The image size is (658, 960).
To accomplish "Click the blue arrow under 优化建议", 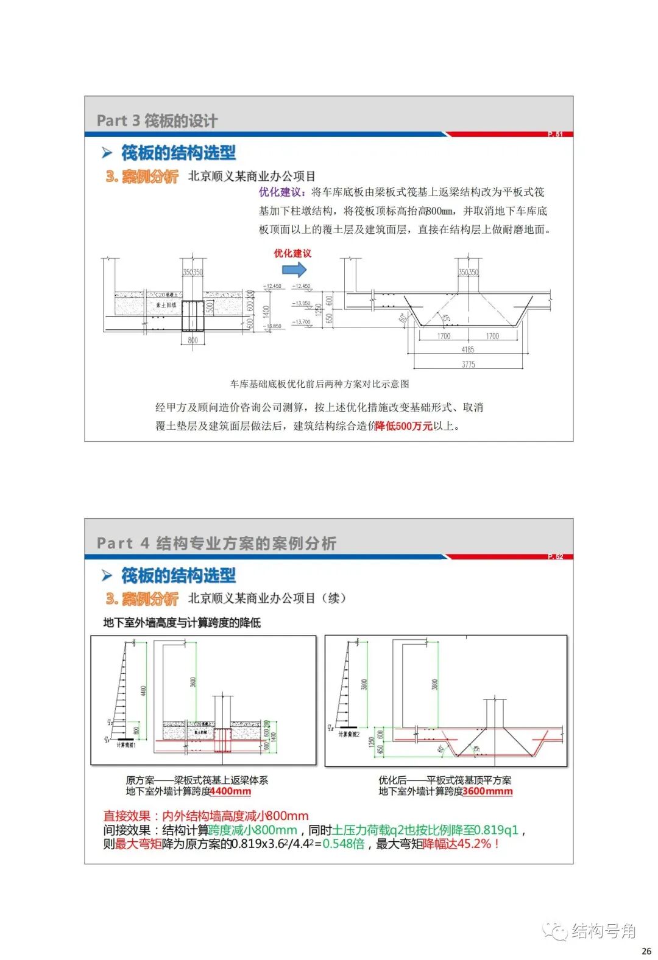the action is (x=294, y=269).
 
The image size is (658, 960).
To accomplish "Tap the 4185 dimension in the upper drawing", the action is (x=467, y=349).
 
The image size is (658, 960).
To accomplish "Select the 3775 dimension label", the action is (x=468, y=364).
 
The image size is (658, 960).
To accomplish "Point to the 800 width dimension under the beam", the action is (x=193, y=340).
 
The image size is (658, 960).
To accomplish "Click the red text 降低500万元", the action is (x=403, y=426).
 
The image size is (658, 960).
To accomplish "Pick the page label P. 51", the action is (x=554, y=134).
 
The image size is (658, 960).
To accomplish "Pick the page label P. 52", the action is (x=554, y=556).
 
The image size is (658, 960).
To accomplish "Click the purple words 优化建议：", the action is (x=285, y=192).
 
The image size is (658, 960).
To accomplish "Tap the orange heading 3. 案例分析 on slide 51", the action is (x=142, y=177).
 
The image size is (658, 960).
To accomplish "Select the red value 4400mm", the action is (x=230, y=791).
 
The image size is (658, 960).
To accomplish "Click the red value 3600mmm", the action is (x=487, y=791).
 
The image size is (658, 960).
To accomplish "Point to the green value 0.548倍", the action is (x=344, y=844).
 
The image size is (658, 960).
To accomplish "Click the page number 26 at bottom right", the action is (x=646, y=951).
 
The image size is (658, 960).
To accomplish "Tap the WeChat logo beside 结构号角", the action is (x=555, y=931).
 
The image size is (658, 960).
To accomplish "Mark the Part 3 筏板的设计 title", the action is (x=157, y=121).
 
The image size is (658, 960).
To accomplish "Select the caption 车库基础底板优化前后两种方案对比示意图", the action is (x=320, y=384).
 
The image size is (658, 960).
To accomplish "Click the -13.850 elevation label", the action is (x=272, y=326).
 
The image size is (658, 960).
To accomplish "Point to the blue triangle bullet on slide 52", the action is (x=107, y=575).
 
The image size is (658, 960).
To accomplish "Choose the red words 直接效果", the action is (x=127, y=816).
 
